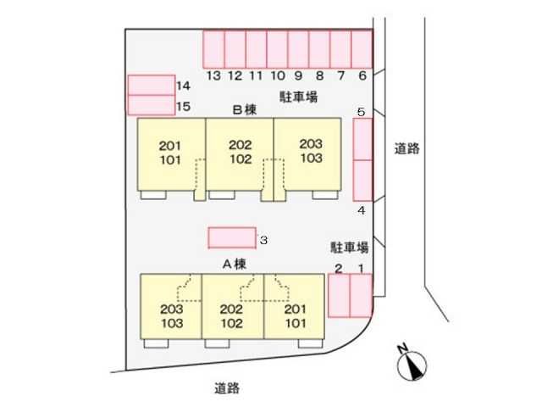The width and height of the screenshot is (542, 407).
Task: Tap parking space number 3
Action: click(x=232, y=238)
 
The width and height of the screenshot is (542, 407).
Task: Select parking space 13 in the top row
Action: click(x=213, y=48)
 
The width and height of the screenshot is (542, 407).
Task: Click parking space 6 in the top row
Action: click(x=362, y=48)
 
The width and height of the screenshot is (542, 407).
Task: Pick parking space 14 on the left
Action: click(x=151, y=86)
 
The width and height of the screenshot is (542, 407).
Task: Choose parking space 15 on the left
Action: click(x=151, y=105)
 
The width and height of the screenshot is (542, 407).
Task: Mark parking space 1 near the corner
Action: click(x=361, y=295)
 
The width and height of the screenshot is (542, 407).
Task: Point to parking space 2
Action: click(x=338, y=295)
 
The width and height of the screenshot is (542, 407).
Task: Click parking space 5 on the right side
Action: click(x=362, y=139)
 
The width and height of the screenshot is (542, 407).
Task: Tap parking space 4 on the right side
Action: click(x=362, y=179)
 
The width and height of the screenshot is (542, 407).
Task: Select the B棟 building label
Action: click(x=245, y=110)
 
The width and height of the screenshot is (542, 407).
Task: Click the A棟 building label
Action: click(x=234, y=263)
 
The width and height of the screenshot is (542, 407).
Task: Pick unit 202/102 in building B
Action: click(x=240, y=153)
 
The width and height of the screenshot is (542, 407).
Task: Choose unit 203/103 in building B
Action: click(x=310, y=153)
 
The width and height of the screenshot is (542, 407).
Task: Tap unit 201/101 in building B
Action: click(x=170, y=153)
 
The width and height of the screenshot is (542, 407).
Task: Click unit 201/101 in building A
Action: click(x=296, y=315)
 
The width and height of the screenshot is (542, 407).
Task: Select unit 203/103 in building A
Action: click(x=172, y=315)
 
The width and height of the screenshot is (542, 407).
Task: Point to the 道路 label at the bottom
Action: click(x=226, y=388)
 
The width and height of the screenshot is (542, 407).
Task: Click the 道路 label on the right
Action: click(x=407, y=148)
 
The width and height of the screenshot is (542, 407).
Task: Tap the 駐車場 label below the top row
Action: click(x=298, y=98)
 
